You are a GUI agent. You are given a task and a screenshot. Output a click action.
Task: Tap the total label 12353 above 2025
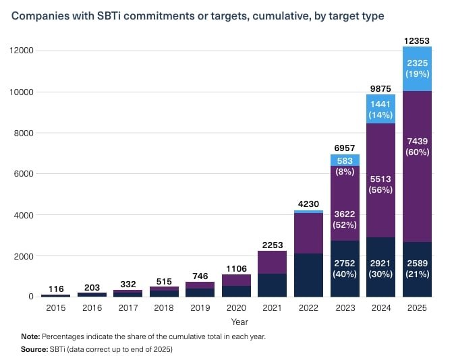(416, 41)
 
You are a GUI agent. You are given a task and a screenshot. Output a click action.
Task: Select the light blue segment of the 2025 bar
(416, 69)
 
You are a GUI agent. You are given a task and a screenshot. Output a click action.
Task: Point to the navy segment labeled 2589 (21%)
(416, 269)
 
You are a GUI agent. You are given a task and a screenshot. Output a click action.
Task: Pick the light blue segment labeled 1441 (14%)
(380, 109)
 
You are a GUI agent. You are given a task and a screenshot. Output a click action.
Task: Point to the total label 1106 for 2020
(235, 266)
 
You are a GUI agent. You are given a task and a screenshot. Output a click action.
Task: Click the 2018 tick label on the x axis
(163, 308)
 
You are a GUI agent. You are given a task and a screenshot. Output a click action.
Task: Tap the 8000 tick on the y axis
(24, 133)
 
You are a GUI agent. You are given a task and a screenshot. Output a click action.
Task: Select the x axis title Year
(239, 322)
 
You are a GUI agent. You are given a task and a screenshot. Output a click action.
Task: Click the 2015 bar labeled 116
(55, 295)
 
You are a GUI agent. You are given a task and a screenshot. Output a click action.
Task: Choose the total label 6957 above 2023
(344, 146)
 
